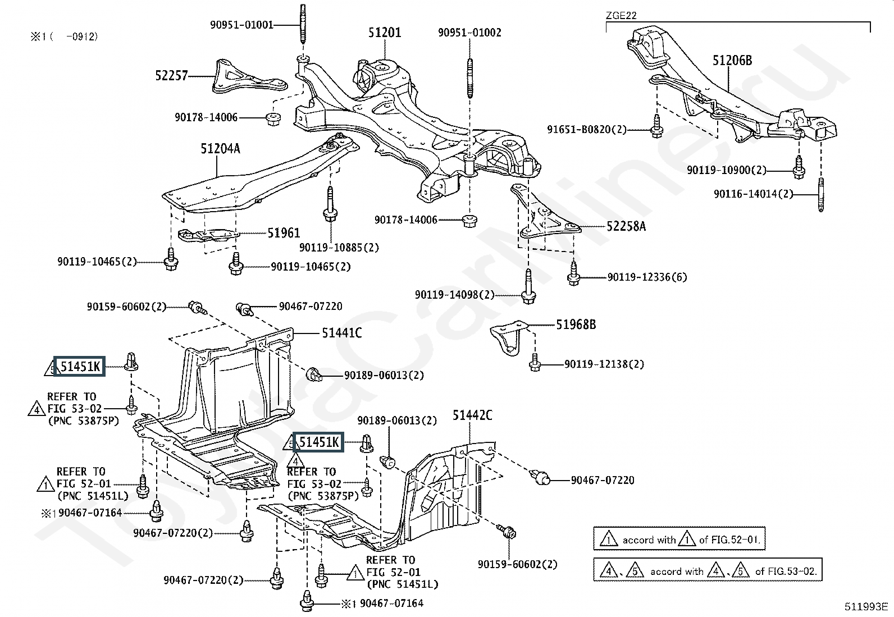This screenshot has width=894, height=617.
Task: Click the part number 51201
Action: tap(385, 33)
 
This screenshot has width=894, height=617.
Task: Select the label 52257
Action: tap(171, 75)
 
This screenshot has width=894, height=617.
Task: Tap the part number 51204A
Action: tap(220, 149)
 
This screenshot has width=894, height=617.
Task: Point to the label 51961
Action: tap(284, 233)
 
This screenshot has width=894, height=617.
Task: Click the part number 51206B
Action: tap(732, 61)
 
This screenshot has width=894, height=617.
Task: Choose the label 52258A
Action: tap(626, 226)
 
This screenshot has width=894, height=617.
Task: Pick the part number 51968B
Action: tap(576, 325)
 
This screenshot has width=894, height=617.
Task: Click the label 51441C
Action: tap(341, 333)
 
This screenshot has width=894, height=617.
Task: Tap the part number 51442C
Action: tap(472, 415)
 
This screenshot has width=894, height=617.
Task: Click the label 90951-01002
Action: tap(469, 33)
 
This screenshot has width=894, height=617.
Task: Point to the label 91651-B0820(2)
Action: tap(586, 130)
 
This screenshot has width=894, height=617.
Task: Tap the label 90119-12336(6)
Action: tap(647, 277)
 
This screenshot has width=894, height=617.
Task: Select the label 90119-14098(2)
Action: tap(454, 294)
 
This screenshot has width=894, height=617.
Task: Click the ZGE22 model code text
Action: tap(621, 15)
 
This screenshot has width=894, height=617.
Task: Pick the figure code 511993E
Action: tap(866, 606)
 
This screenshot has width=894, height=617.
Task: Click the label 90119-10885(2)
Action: tap(339, 247)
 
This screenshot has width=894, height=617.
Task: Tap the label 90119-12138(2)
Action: tap(604, 364)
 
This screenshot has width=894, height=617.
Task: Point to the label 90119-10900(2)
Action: tap(726, 170)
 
